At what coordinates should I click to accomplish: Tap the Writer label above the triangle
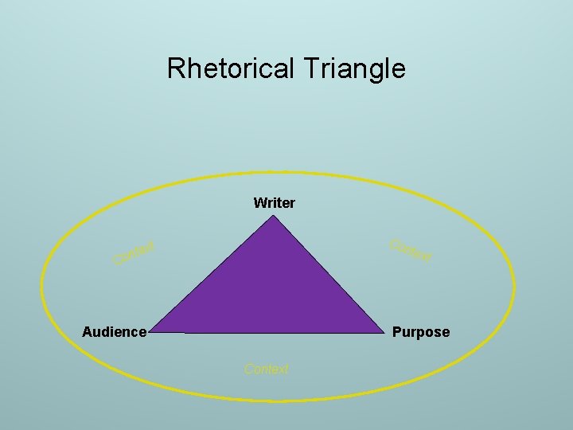point(274,203)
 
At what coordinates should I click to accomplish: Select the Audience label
point(115,332)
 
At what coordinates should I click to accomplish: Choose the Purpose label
point(421,332)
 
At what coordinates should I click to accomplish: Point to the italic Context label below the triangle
point(267,369)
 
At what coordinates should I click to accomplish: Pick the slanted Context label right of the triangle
point(411,250)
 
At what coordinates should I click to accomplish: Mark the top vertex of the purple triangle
point(275,217)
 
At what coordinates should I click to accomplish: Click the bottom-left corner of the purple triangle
point(150,330)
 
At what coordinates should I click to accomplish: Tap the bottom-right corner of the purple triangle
point(384,332)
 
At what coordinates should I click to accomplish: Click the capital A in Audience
point(88,332)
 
